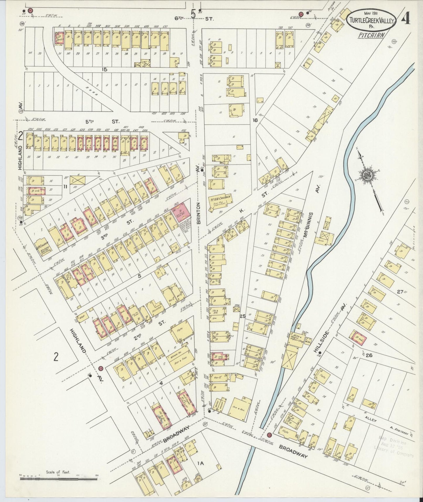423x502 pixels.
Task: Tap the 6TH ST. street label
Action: (x=193, y=18)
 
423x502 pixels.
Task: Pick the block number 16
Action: (x=255, y=120)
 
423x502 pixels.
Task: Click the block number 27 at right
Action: (x=400, y=291)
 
